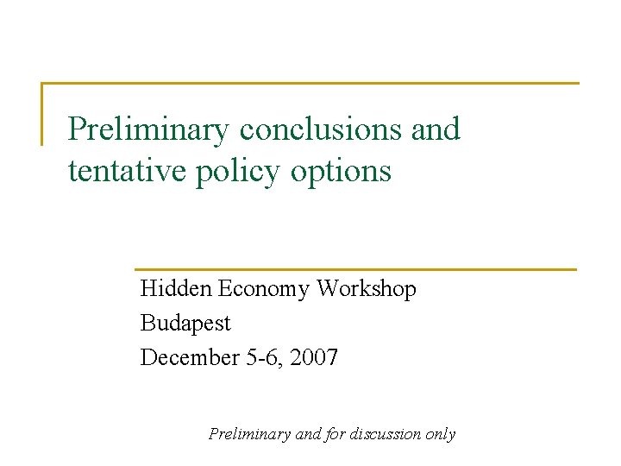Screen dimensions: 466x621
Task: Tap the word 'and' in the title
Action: pos(436,129)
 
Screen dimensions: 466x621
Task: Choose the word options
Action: pos(341,172)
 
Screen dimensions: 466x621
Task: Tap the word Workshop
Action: pos(367,289)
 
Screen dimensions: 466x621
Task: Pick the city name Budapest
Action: pos(185,324)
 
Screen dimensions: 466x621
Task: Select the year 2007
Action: pos(314,356)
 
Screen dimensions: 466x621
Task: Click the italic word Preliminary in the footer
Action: pos(250,435)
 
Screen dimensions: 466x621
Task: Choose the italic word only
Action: pos(441,435)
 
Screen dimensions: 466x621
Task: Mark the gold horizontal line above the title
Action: pos(310,84)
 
